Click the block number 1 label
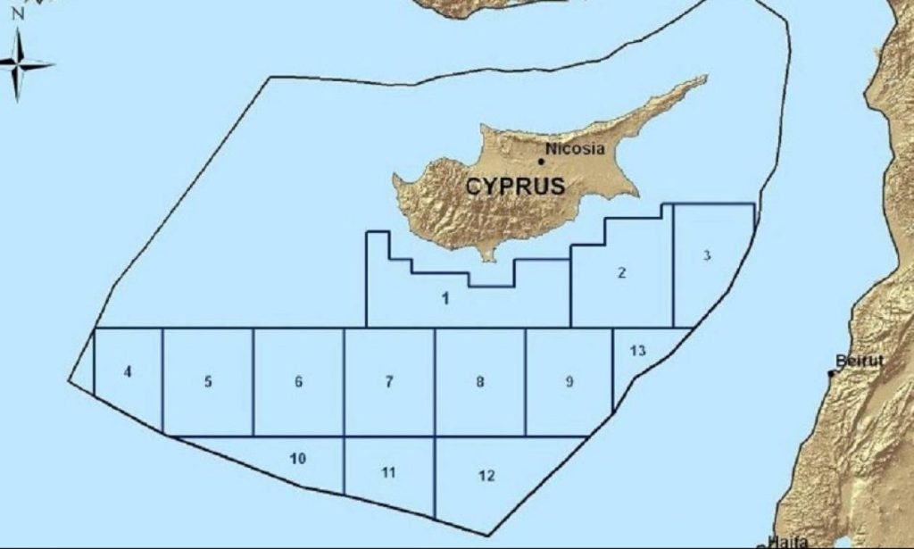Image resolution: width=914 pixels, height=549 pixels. point(445,297)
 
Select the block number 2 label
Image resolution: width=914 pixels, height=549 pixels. point(622,273)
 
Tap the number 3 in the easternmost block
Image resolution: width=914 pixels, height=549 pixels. point(706,255)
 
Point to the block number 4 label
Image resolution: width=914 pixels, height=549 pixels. point(129,371)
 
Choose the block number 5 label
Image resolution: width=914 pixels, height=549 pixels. point(208,382)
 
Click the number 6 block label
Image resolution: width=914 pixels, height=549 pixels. point(298,382)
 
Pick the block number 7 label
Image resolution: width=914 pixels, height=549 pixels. point(389,382)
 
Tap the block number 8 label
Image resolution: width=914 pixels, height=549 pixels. point(480,382)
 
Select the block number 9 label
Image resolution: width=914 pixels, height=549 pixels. point(569,382)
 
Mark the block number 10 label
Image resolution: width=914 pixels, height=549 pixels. point(298,459)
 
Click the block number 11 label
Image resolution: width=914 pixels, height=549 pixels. point(388,472)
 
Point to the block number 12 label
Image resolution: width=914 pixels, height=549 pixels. point(486,476)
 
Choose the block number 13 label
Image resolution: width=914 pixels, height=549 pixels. point(637,350)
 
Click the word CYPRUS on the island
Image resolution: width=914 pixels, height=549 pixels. point(515,187)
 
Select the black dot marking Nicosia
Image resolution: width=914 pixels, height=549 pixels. point(541,162)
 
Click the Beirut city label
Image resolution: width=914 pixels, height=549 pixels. point(860,361)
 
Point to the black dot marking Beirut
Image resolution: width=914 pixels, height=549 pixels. point(832,373)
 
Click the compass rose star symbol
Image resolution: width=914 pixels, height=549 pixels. point(20,64)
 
